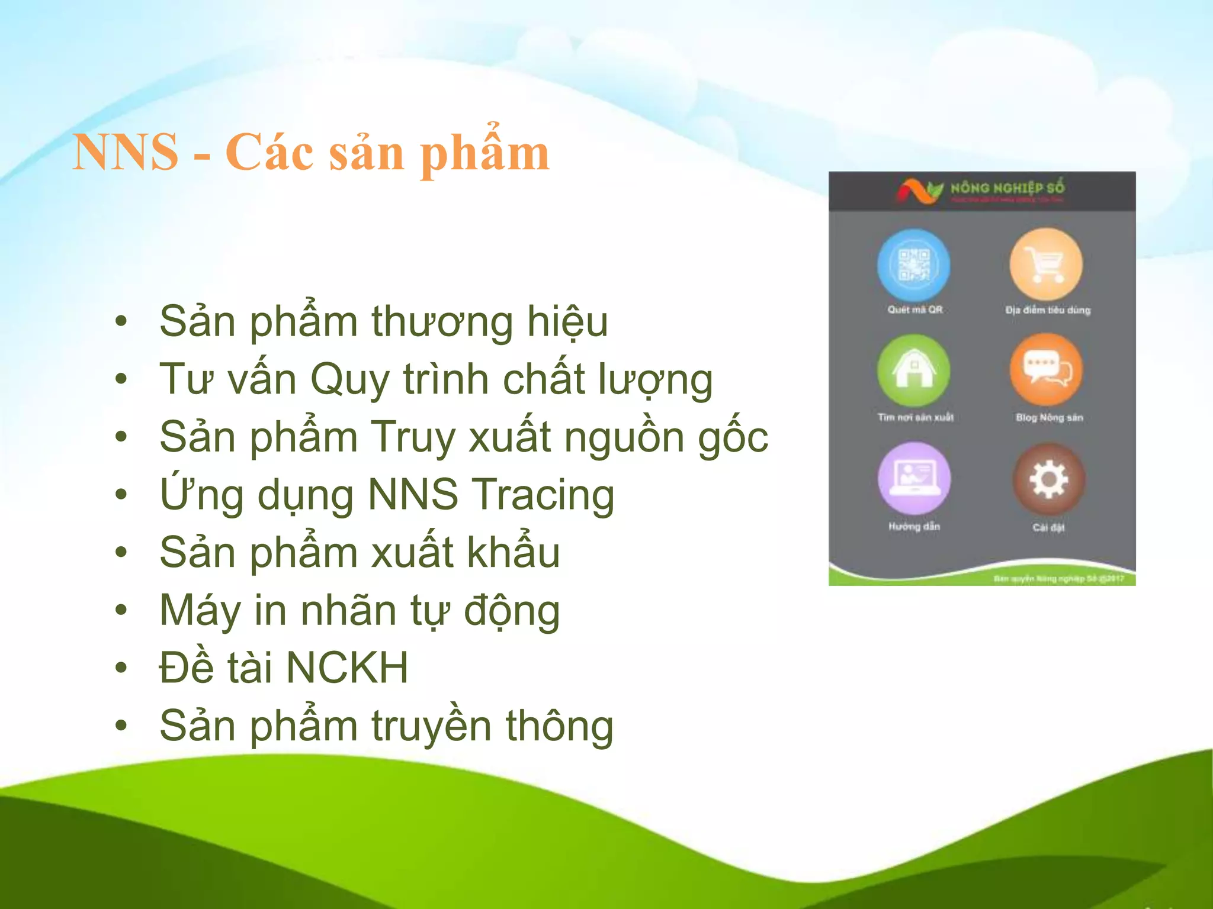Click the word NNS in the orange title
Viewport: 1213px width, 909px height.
click(x=126, y=152)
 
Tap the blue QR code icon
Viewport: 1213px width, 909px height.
click(x=914, y=265)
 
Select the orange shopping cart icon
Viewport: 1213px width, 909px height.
click(x=1046, y=265)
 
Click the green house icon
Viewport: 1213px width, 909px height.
click(x=914, y=370)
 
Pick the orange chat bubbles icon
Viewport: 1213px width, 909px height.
click(x=1047, y=370)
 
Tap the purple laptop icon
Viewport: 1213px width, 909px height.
click(x=914, y=478)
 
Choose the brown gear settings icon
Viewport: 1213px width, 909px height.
click(x=1048, y=479)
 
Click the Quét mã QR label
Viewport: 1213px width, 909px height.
click(x=914, y=310)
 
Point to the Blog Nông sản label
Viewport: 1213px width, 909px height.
click(x=1049, y=418)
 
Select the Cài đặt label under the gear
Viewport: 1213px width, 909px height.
click(x=1048, y=527)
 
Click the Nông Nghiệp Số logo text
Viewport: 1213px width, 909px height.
click(x=1007, y=188)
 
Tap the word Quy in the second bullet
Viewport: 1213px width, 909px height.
click(x=349, y=380)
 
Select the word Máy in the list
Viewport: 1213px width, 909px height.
click(x=200, y=611)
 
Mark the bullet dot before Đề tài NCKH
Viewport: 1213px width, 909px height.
click(x=121, y=668)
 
